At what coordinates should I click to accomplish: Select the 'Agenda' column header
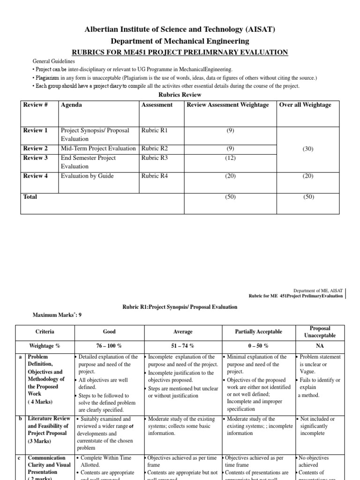71,105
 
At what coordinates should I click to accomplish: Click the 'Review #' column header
36,105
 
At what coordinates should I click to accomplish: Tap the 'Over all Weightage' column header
305,105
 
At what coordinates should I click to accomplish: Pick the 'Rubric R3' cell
154,158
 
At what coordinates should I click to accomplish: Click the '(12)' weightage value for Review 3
230,158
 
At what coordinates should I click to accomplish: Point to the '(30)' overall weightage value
308,149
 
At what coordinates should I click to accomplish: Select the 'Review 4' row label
36,176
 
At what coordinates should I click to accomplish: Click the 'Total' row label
30,197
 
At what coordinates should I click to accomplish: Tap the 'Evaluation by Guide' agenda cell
87,176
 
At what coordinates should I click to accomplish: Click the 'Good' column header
109,331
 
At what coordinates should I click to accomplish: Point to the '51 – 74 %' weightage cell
183,345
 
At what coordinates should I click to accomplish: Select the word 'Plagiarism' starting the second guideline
47,77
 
